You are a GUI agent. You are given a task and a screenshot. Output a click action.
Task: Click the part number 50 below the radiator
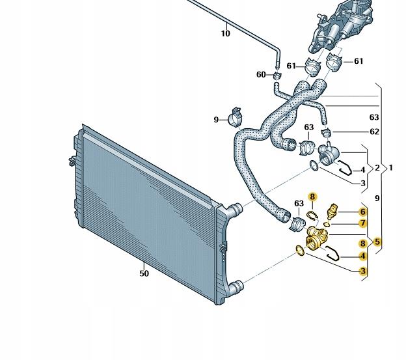point(144,273)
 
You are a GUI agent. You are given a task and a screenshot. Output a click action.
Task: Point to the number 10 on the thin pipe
point(226,33)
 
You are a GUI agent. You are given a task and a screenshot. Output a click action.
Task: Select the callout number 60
point(261,75)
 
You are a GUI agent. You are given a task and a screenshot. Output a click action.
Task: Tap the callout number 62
point(374,132)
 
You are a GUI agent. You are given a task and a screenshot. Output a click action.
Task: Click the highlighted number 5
point(377,242)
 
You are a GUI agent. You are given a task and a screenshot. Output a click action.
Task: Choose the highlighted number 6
point(363,212)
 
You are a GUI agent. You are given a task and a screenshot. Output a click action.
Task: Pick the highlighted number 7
point(363,223)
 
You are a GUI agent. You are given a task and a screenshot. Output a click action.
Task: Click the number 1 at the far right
point(391,168)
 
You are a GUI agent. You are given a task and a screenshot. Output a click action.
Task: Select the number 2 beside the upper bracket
point(377,168)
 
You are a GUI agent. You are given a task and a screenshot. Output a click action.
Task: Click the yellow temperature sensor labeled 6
point(332,210)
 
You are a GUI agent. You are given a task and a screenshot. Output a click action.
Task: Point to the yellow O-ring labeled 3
point(301,250)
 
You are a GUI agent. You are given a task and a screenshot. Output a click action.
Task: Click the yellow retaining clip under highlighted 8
point(312,215)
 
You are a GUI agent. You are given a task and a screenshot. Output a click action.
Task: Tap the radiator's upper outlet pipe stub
point(236,208)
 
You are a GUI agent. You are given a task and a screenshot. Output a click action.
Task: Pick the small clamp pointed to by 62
point(326,133)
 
